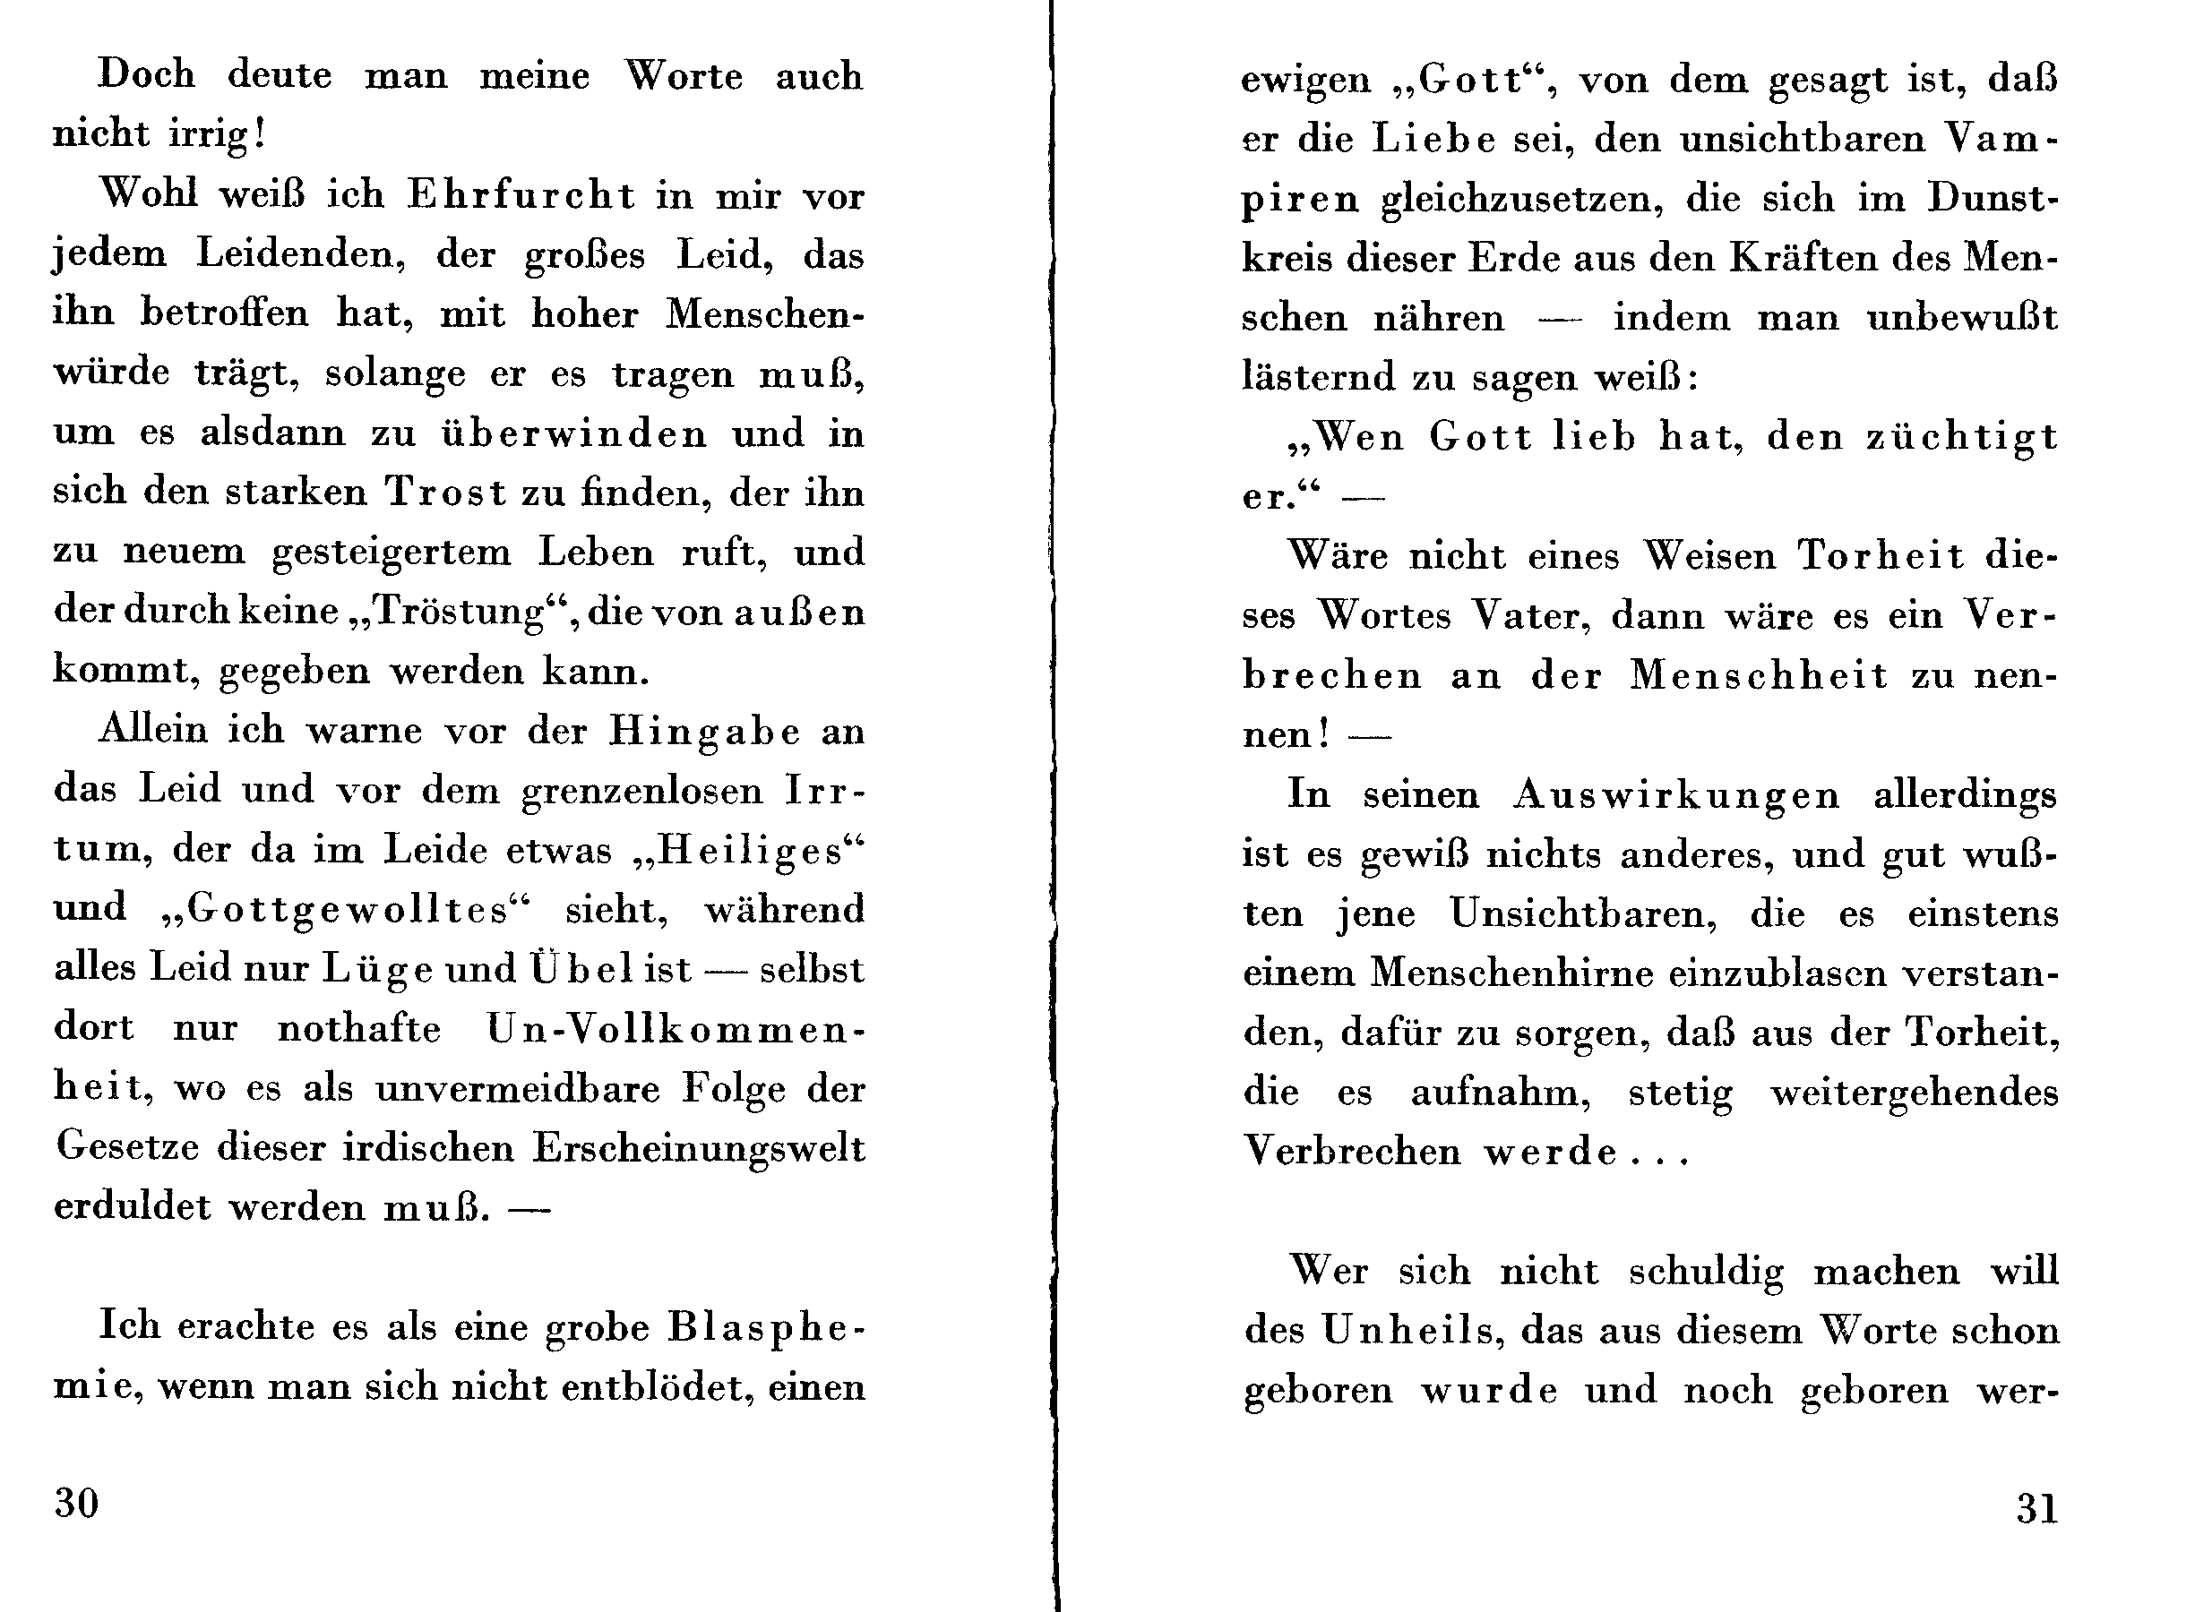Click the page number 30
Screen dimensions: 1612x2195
point(76,1503)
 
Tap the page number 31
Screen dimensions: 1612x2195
point(2037,1509)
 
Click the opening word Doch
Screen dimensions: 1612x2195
point(146,75)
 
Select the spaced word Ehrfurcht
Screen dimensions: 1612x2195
point(521,195)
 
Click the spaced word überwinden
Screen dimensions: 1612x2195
point(575,433)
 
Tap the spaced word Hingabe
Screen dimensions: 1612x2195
point(705,731)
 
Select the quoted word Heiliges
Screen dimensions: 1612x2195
point(750,850)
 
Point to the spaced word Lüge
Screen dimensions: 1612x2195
point(378,969)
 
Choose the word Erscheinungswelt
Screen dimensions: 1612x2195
point(698,1147)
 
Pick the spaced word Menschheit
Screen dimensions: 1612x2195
point(1759,675)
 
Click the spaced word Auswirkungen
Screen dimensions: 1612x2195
point(1675,794)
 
